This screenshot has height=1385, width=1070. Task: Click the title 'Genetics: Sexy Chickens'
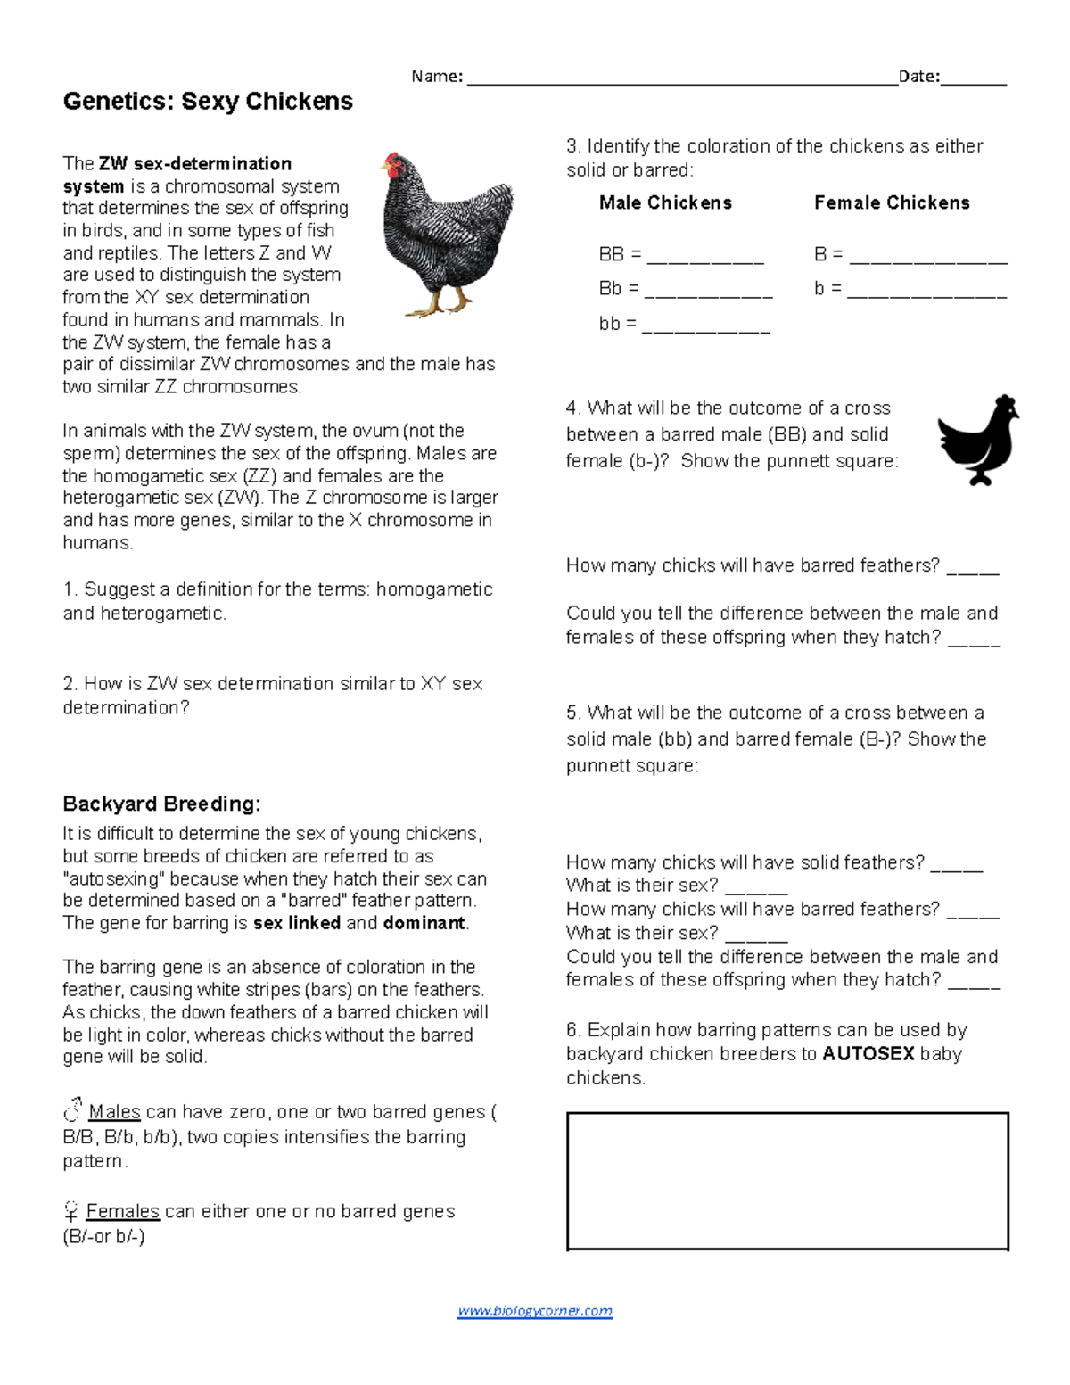pyautogui.click(x=208, y=102)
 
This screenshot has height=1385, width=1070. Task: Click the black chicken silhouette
pyautogui.click(x=977, y=440)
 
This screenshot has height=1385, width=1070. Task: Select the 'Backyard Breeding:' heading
pyautogui.click(x=161, y=804)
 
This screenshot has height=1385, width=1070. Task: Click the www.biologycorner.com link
pyautogui.click(x=534, y=1311)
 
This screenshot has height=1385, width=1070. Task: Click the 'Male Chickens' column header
pyautogui.click(x=665, y=202)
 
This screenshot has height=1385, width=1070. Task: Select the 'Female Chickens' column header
pyautogui.click(x=892, y=202)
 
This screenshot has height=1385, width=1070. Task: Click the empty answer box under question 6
pyautogui.click(x=787, y=1181)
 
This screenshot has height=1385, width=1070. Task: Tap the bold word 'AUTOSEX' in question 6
pyautogui.click(x=868, y=1054)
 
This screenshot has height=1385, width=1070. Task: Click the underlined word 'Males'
pyautogui.click(x=114, y=1112)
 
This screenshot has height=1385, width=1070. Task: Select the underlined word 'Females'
pyautogui.click(x=123, y=1211)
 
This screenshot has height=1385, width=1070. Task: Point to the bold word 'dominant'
pyautogui.click(x=424, y=923)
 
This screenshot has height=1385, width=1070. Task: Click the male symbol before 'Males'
pyautogui.click(x=72, y=1111)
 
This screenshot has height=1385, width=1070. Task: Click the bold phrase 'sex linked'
pyautogui.click(x=297, y=923)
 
